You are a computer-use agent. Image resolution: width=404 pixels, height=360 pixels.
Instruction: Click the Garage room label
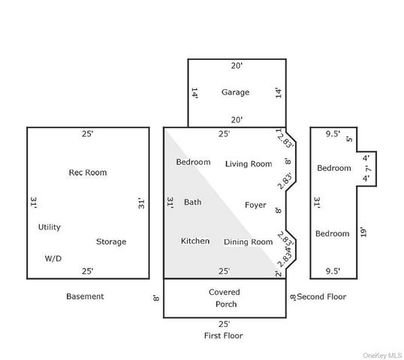point(235,92)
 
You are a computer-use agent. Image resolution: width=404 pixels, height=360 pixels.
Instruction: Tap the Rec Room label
point(88,172)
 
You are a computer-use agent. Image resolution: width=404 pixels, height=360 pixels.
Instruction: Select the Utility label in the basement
point(50,227)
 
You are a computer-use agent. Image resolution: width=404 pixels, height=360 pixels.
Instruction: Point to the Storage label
point(111,241)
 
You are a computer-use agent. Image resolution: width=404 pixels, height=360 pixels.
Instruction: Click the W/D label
point(53,258)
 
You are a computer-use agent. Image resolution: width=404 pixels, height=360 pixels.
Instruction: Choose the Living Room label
point(249,164)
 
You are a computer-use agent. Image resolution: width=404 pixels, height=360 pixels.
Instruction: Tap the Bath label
point(193,202)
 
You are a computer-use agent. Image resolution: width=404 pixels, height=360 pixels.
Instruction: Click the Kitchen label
point(195,241)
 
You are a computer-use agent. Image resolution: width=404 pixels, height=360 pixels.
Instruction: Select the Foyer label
point(255,205)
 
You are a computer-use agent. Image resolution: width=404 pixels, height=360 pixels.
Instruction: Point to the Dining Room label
point(248,242)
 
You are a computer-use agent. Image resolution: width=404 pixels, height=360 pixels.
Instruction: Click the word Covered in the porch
point(225,292)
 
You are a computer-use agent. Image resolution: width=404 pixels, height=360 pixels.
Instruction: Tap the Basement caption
point(85,296)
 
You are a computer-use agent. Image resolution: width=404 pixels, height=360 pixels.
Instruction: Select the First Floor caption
point(223,335)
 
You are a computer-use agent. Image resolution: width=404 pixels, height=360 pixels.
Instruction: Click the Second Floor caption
point(321,297)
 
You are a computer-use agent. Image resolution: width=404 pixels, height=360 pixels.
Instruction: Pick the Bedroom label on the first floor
point(193,162)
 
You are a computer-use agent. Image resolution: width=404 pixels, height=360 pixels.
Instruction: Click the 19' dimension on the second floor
point(363,232)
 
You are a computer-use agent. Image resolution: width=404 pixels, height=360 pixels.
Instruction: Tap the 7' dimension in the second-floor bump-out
point(369,169)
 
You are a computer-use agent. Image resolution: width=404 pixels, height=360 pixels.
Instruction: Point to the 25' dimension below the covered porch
point(225,324)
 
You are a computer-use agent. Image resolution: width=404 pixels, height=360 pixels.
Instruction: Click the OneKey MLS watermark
point(381,355)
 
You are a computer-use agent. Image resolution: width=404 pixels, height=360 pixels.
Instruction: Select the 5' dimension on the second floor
point(349,139)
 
